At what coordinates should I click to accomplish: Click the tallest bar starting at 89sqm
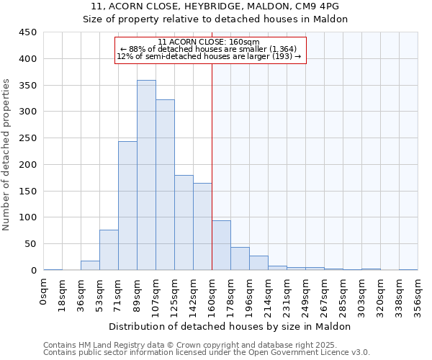[146, 175]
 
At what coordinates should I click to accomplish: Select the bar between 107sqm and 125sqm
[165, 185]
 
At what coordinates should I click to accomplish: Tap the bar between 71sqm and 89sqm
[127, 206]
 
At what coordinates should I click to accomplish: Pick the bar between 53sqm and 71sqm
[109, 250]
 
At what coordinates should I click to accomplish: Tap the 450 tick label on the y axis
[27, 32]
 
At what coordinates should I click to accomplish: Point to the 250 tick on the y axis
[27, 138]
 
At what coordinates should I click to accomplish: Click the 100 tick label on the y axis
[27, 217]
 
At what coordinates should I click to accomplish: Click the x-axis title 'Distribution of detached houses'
[230, 326]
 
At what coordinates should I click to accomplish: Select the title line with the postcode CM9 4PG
[215, 6]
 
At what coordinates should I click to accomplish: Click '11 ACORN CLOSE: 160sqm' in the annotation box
[209, 42]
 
